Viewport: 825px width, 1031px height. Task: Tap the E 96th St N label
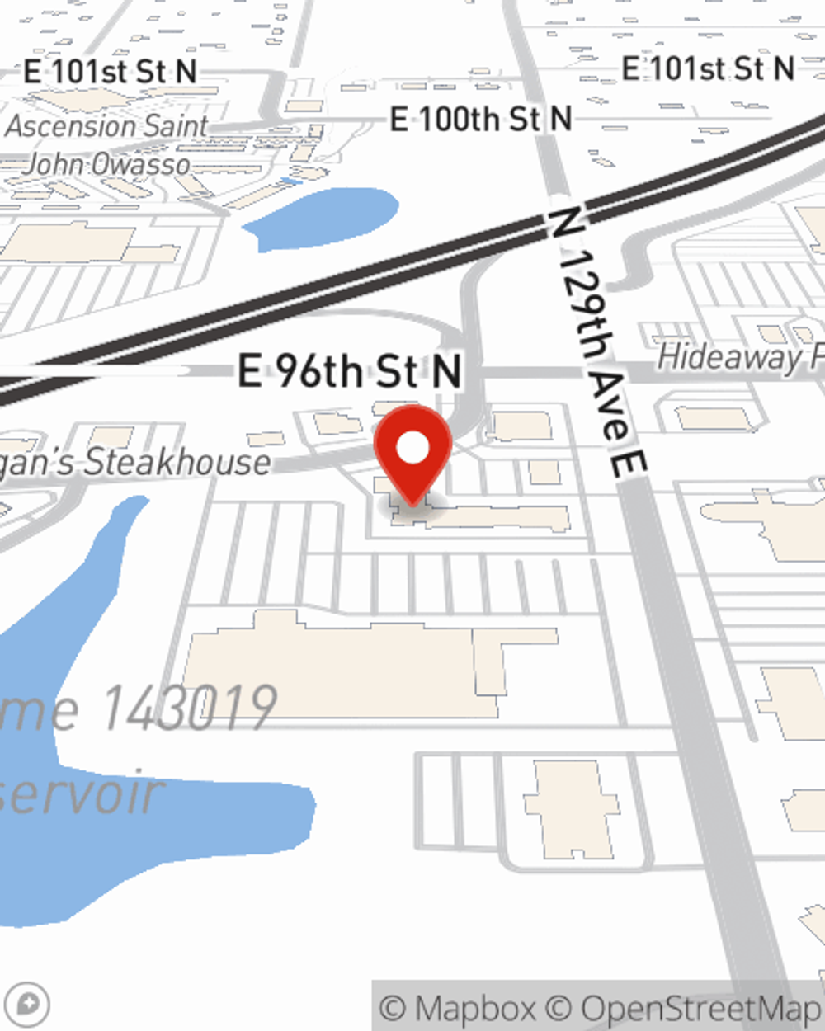(x=349, y=371)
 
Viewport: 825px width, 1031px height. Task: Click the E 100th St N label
(x=481, y=120)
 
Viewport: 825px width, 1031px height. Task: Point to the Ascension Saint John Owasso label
(x=107, y=145)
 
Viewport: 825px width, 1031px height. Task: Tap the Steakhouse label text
(x=177, y=462)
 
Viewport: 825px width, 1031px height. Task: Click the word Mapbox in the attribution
(x=474, y=1008)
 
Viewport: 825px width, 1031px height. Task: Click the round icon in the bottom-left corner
(x=27, y=1005)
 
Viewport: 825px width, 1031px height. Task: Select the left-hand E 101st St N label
(x=111, y=72)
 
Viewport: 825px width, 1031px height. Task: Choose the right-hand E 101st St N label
(x=708, y=68)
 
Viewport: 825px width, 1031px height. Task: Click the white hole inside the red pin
(x=412, y=449)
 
